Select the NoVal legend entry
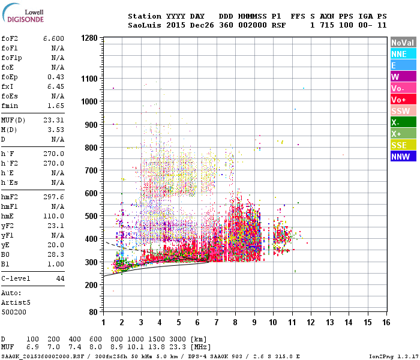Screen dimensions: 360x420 402,43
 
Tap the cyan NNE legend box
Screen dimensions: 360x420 402,54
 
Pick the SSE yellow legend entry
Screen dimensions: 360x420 402,145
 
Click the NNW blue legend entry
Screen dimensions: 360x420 402,157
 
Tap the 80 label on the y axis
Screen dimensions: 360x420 93,312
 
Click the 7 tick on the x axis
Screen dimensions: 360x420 217,322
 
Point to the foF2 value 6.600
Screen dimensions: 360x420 53,38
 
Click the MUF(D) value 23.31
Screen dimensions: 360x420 53,120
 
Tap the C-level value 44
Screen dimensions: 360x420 60,279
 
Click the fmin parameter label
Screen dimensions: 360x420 10,106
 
